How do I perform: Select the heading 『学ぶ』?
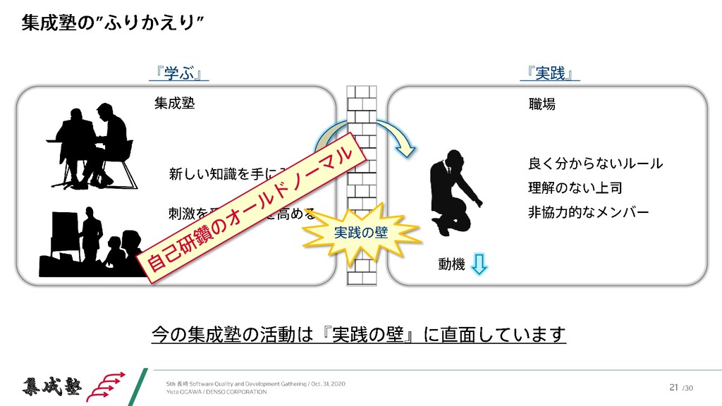182,73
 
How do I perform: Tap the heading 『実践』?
549,73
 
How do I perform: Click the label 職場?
541,104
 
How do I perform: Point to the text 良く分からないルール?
595,164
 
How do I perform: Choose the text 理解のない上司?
575,188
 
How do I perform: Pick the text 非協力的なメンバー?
588,212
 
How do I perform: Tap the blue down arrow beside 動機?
478,264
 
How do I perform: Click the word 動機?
451,264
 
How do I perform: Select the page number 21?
673,386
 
